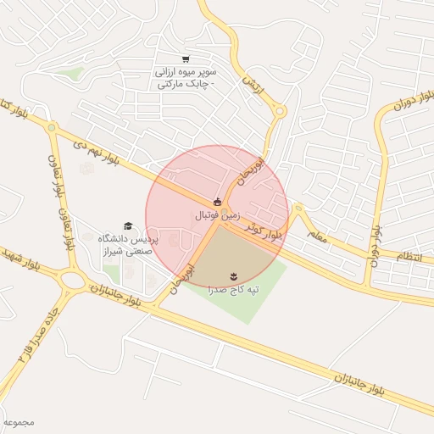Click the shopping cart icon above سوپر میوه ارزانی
pyautogui.click(x=186, y=59)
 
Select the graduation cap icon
pyautogui.click(x=128, y=225)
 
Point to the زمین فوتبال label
pyautogui.click(x=218, y=216)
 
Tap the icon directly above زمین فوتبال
pyautogui.click(x=218, y=202)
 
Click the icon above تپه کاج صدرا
pyautogui.click(x=234, y=275)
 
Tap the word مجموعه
pyautogui.click(x=18, y=421)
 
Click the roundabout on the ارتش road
pyautogui.click(x=280, y=110)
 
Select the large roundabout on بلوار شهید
pyautogui.click(x=75, y=281)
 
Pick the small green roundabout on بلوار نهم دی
pyautogui.click(x=52, y=128)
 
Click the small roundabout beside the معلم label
pyautogui.click(x=298, y=207)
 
